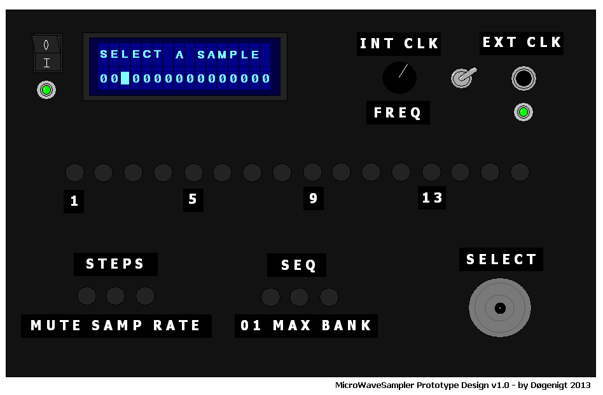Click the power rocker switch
(46, 53)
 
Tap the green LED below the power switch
(46, 90)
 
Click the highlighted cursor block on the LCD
(125, 79)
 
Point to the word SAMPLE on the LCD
(228, 55)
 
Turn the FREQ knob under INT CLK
(399, 77)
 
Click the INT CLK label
(399, 44)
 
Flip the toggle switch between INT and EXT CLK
(462, 78)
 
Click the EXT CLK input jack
(523, 79)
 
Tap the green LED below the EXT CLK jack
(523, 112)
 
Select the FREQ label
(398, 113)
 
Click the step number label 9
(313, 199)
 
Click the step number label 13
(432, 198)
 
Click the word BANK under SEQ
(347, 326)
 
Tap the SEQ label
(298, 265)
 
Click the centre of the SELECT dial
(500, 308)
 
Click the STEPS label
(115, 264)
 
